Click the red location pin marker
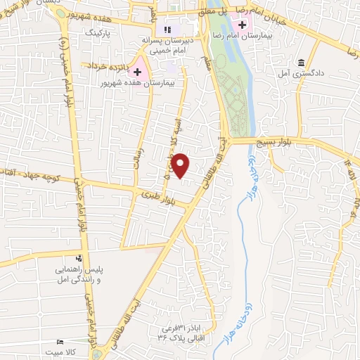click(x=181, y=165)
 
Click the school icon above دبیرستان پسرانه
click(x=167, y=30)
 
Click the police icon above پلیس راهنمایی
click(x=79, y=258)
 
